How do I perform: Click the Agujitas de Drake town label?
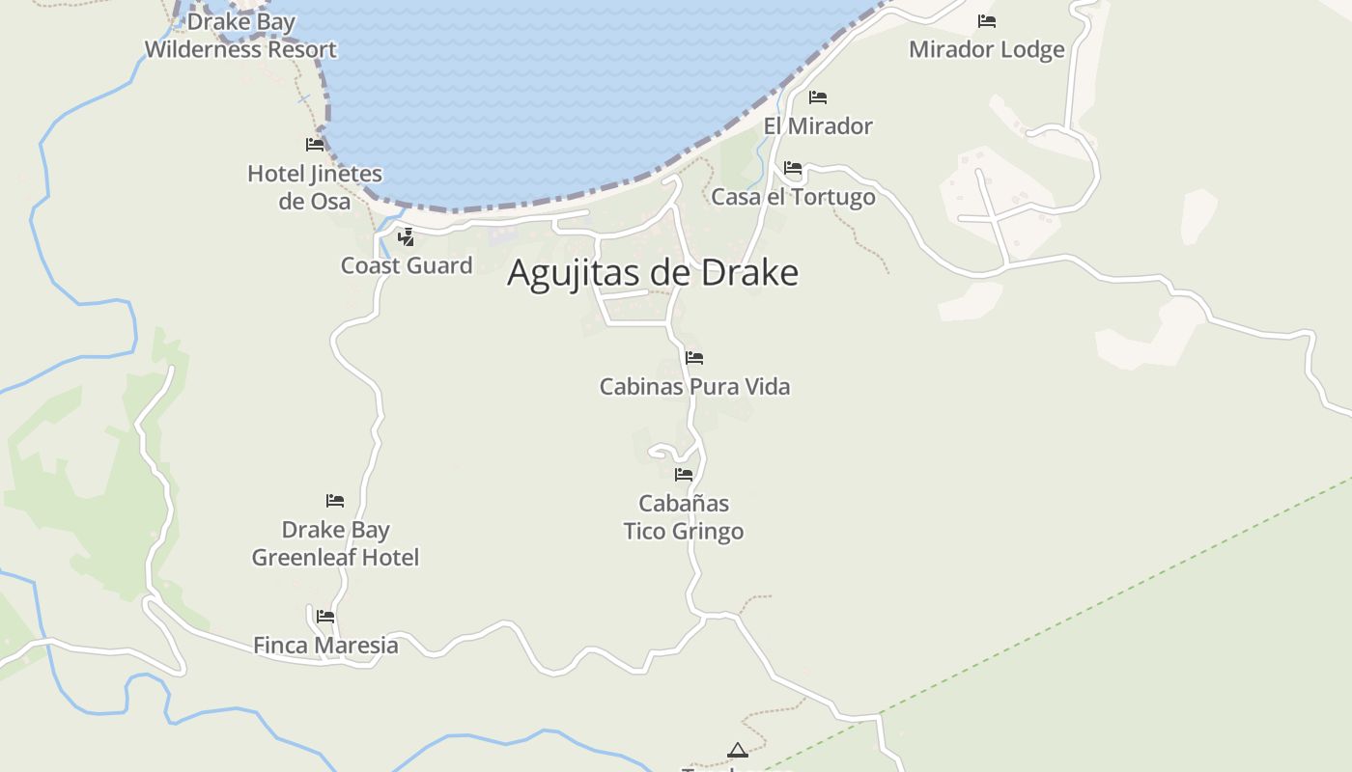click(x=653, y=273)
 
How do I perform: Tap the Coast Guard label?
click(x=407, y=265)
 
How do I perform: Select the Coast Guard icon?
click(x=407, y=236)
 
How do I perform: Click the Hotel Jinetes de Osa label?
click(x=315, y=187)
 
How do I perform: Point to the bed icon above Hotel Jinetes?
click(x=315, y=145)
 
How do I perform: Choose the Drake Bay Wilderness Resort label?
click(x=240, y=36)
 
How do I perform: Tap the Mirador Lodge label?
click(x=986, y=49)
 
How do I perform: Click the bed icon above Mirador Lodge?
click(x=986, y=20)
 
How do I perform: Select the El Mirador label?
click(x=818, y=125)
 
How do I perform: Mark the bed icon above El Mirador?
click(x=818, y=97)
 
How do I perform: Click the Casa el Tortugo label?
click(x=793, y=197)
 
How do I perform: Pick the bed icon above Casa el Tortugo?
click(x=793, y=168)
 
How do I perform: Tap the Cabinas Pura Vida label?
click(x=694, y=387)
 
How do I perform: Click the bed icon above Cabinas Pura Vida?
click(x=694, y=358)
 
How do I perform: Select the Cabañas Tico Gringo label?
click(x=684, y=517)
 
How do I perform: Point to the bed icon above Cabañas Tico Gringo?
click(x=684, y=474)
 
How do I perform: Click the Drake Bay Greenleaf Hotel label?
click(x=335, y=543)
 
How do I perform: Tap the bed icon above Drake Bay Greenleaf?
click(x=335, y=501)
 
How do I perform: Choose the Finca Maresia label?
click(x=325, y=645)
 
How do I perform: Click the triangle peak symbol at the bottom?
click(x=738, y=750)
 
